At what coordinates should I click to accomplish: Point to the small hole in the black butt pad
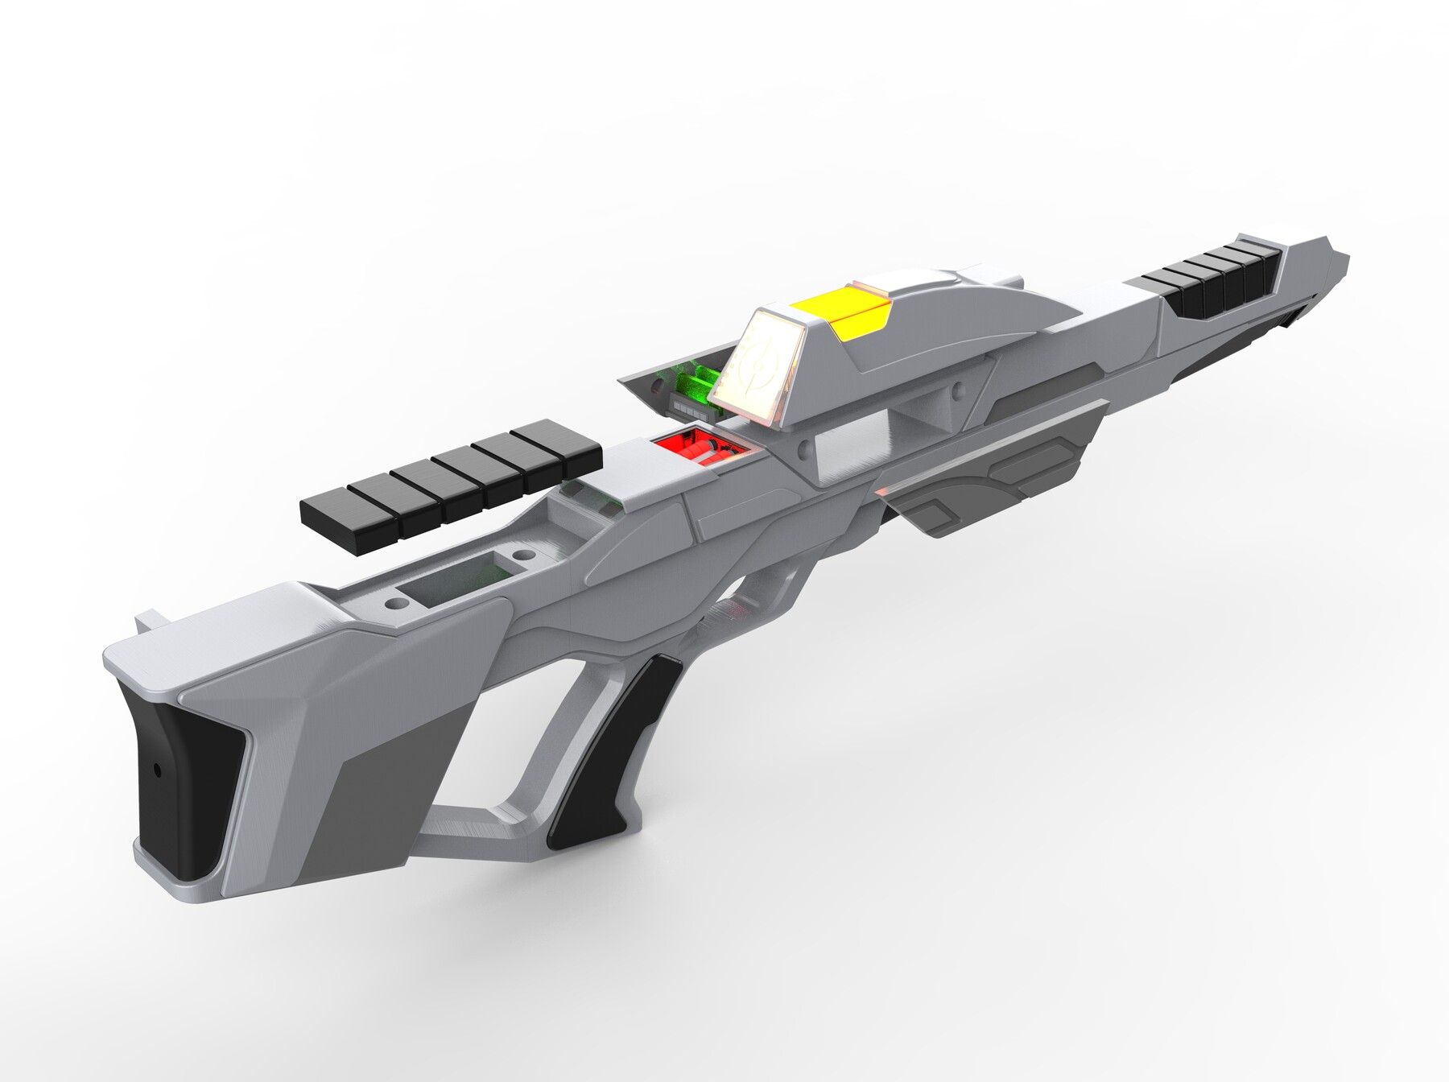[158, 770]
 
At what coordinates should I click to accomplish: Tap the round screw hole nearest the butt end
[397, 601]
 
